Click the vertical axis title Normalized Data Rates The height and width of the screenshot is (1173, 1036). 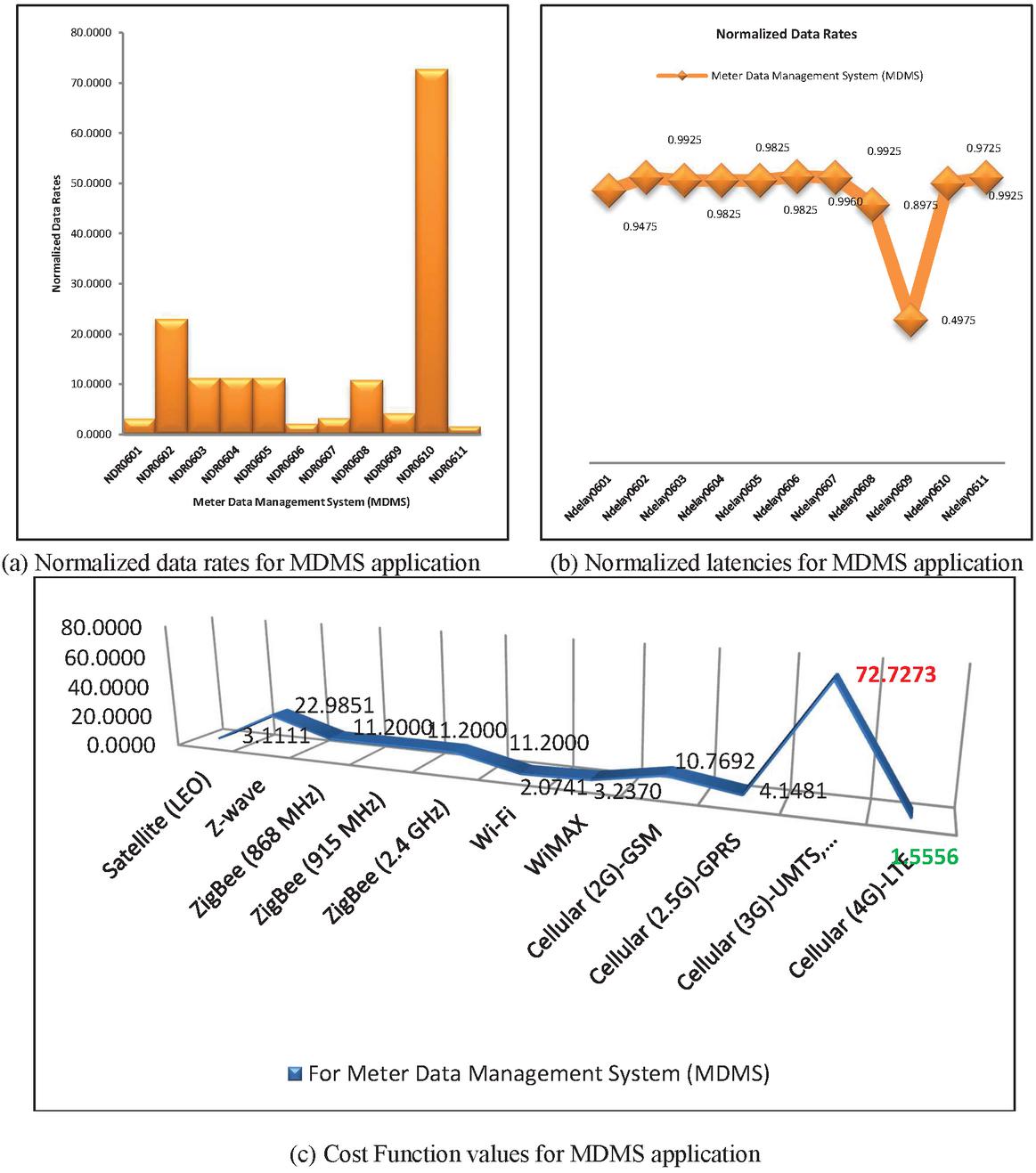point(55,233)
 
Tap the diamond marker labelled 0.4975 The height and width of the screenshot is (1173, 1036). point(910,319)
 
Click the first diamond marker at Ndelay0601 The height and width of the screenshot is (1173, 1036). point(608,190)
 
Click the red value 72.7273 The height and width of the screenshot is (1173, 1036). point(895,675)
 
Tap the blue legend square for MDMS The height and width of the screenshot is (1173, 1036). point(296,1073)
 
